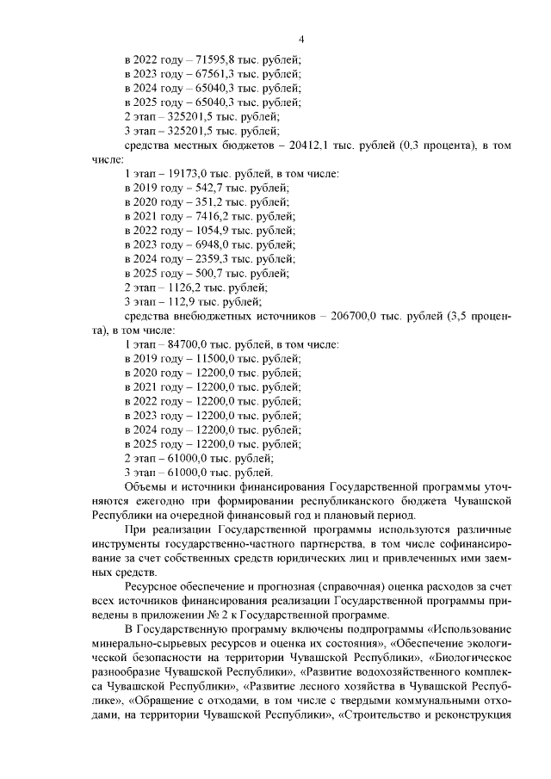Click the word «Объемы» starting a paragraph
point(146,486)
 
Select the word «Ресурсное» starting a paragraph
point(153,585)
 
